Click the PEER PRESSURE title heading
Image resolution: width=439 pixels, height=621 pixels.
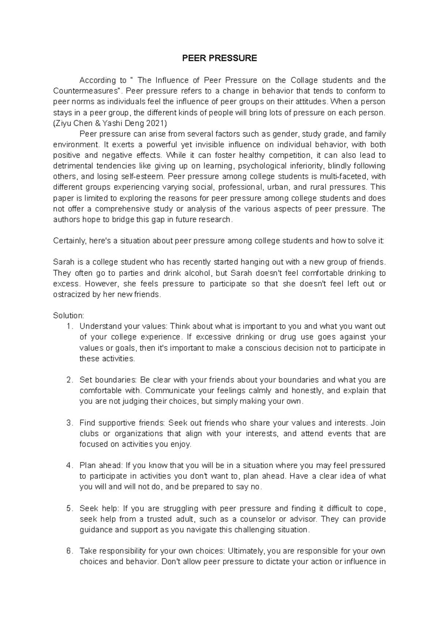(x=220, y=59)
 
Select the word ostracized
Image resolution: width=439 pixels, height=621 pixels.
(x=71, y=294)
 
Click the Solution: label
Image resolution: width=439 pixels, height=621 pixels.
(x=68, y=316)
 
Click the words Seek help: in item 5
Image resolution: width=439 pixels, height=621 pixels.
(x=99, y=508)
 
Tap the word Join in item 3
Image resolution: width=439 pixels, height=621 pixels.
(x=378, y=423)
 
